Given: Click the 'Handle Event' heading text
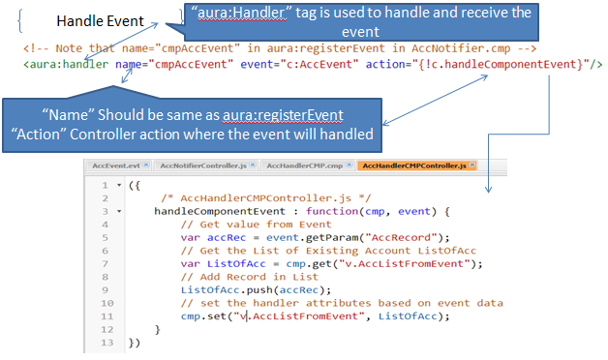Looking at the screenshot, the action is [x=100, y=20].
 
